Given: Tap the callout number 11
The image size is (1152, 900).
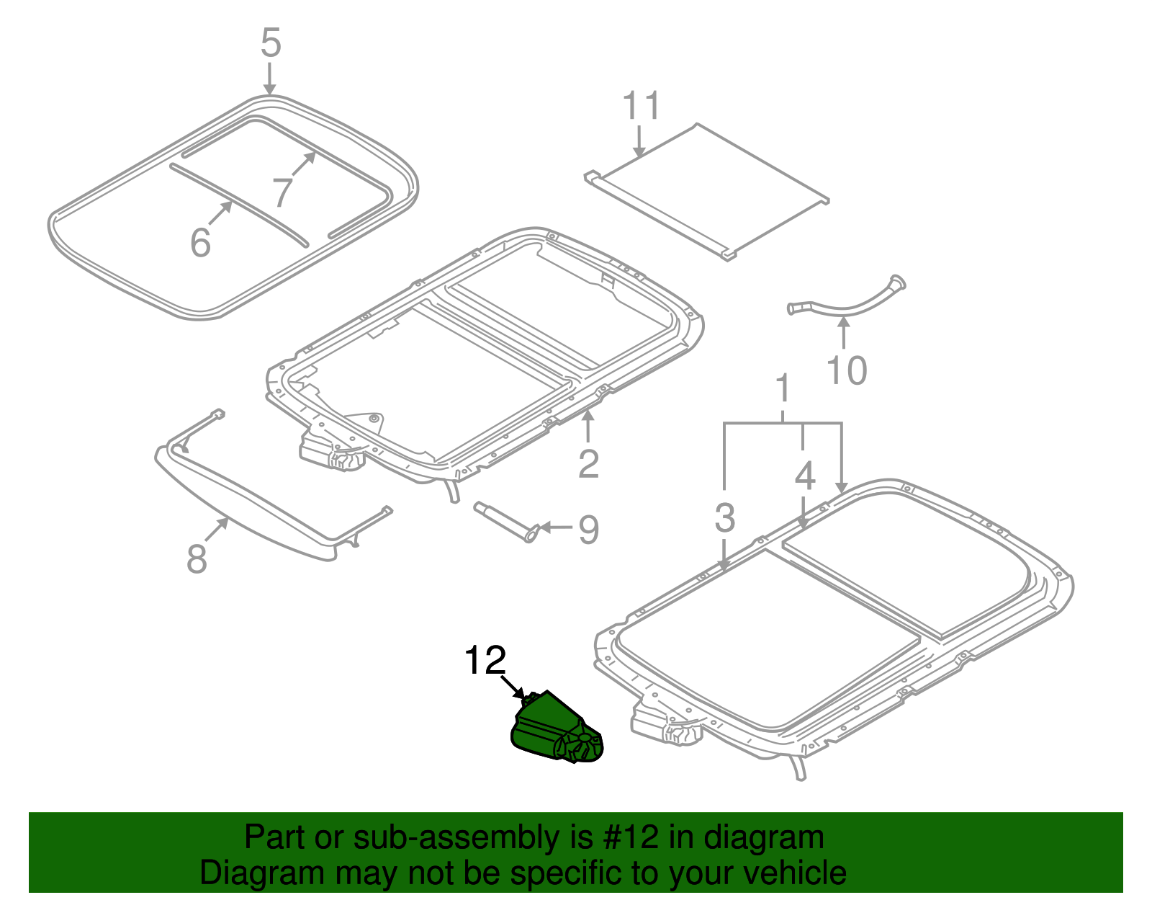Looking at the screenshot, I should click(641, 106).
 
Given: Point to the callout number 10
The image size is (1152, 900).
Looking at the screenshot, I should click(846, 370).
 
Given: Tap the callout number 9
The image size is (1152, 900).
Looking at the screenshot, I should click(588, 530).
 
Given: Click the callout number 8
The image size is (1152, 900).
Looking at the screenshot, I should click(197, 558).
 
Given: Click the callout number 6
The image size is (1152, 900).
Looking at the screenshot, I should click(201, 242).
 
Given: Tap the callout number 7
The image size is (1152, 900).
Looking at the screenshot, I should click(283, 192).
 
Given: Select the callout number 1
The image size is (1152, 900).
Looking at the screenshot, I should click(783, 389).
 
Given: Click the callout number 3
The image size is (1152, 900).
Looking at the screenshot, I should click(724, 517).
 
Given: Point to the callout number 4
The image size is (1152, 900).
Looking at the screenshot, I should click(805, 476).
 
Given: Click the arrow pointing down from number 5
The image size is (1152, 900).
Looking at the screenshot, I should click(269, 79).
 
